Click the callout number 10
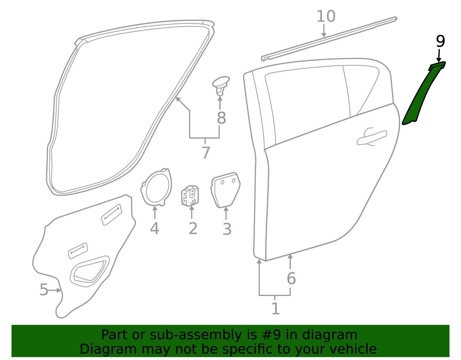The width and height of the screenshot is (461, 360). [x=326, y=16]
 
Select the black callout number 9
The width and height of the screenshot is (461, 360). [x=440, y=42]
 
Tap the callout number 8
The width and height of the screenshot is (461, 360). [x=221, y=118]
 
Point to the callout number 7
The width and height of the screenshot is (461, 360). [x=205, y=152]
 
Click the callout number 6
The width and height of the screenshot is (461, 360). [x=291, y=278]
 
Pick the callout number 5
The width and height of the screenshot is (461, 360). [x=44, y=290]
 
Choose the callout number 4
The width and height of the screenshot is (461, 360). [x=154, y=229]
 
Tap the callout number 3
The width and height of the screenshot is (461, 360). [x=227, y=229]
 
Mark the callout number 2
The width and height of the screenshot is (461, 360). [x=193, y=229]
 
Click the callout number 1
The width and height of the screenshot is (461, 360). [x=275, y=308]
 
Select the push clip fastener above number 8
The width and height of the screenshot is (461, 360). [x=221, y=86]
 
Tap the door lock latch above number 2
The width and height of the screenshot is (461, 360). [x=190, y=196]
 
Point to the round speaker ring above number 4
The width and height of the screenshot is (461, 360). [x=156, y=187]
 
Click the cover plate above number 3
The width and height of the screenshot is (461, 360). [x=225, y=190]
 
